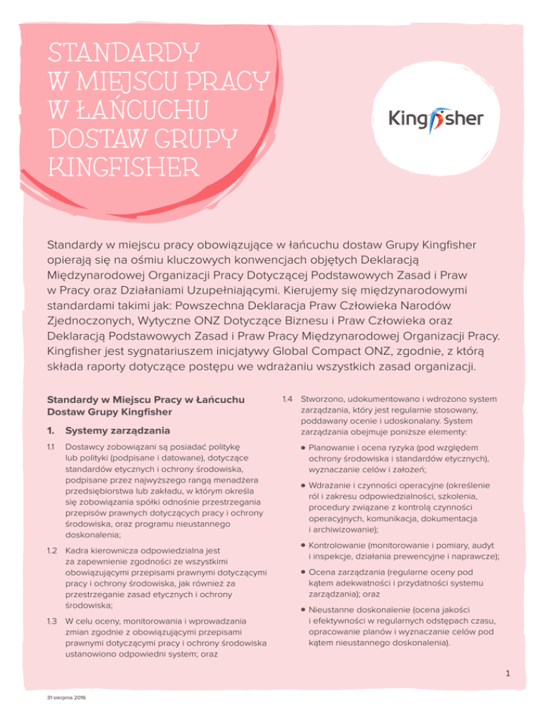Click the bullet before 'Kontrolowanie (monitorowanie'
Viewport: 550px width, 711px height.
coord(304,551)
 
